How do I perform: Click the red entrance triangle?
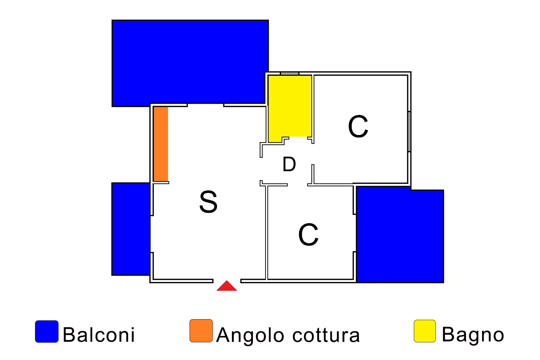tap(227, 287)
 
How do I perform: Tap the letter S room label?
tap(208, 201)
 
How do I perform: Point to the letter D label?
tap(289, 164)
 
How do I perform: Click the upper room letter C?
tap(358, 127)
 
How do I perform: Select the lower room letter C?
tap(308, 234)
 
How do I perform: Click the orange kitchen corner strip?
tap(161, 144)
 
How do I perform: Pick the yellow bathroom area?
tap(290, 106)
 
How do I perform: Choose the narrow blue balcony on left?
tap(131, 229)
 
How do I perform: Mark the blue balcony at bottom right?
tap(399, 235)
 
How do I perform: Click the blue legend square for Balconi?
tap(47, 331)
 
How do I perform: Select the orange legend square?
tap(201, 331)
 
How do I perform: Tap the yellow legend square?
tap(425, 331)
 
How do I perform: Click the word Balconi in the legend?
tap(99, 335)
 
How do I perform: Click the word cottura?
tap(326, 335)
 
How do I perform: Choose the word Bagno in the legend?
tap(473, 335)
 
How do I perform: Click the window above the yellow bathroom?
tap(290, 73)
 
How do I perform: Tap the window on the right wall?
tap(409, 131)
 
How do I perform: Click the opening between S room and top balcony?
tap(205, 105)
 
